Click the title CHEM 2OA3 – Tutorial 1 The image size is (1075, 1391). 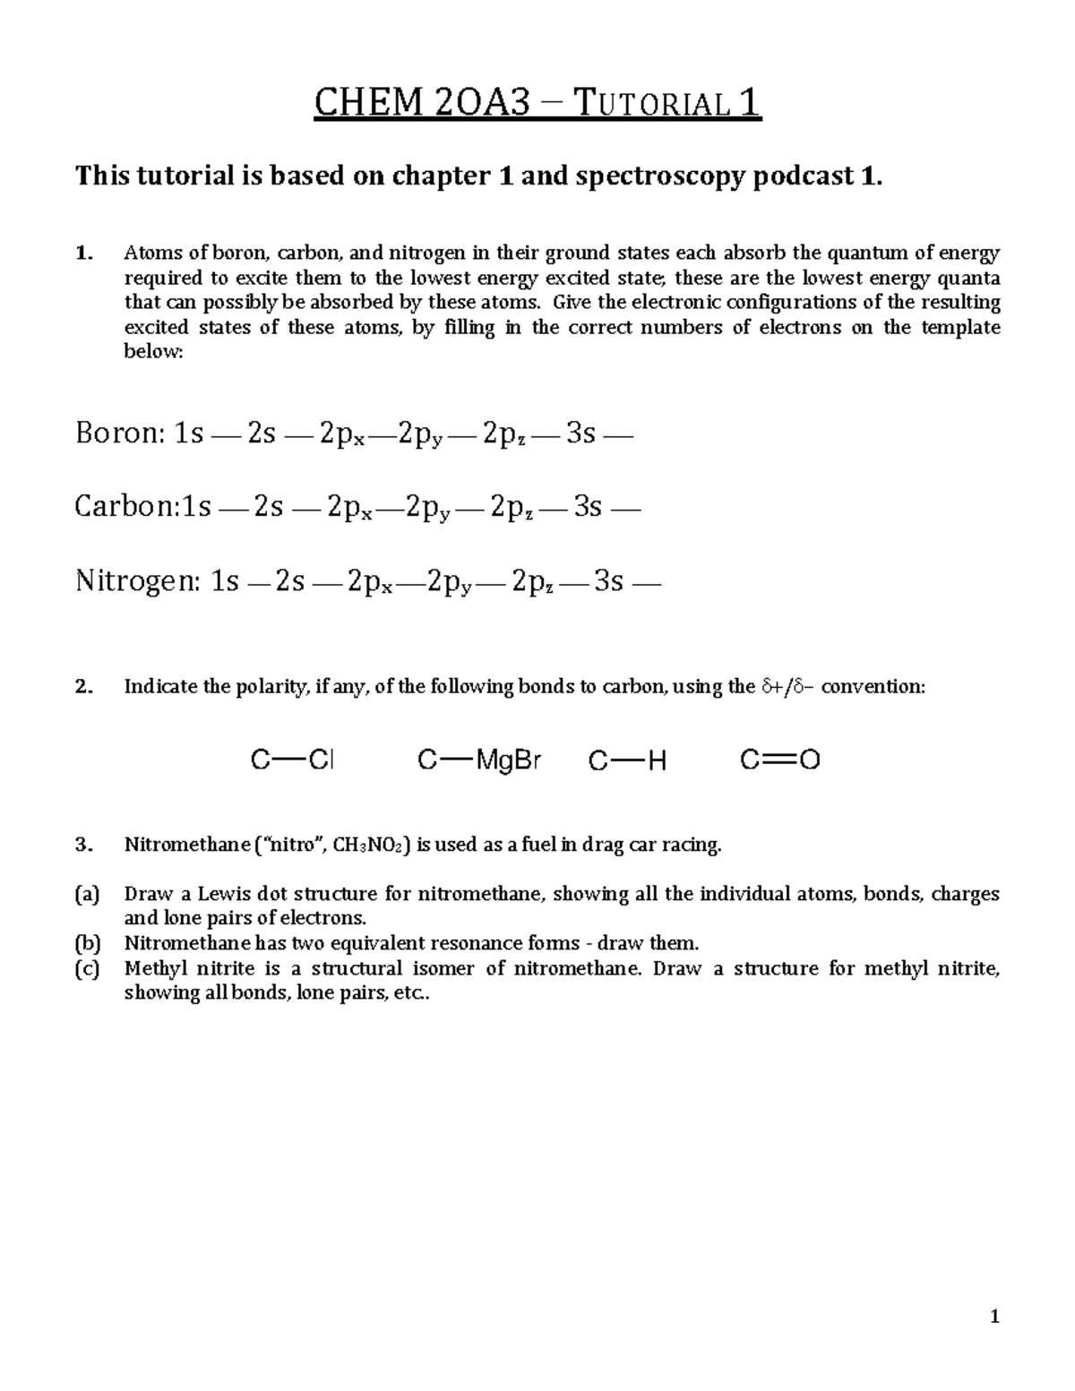tap(537, 104)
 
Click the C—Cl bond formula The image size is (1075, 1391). tap(292, 761)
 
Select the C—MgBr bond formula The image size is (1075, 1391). tap(479, 761)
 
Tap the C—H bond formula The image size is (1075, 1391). tap(627, 761)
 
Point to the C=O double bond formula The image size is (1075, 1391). tap(779, 761)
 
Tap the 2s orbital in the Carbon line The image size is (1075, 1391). tap(268, 508)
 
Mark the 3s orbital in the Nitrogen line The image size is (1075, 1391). tap(609, 582)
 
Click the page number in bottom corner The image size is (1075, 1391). tap(993, 1317)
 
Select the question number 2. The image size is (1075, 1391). tap(83, 687)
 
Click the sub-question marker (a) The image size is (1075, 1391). tap(88, 894)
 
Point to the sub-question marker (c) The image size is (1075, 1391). tap(88, 968)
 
